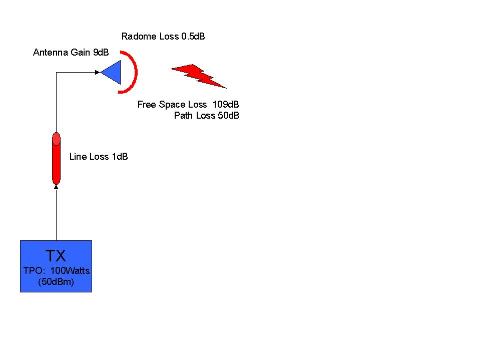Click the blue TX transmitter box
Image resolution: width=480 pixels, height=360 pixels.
coord(56,266)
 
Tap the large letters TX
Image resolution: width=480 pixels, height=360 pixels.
coord(56,255)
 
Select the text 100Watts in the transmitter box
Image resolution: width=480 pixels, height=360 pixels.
coord(70,270)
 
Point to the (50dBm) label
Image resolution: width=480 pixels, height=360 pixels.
coord(56,281)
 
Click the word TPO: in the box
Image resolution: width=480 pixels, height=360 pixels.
coord(34,270)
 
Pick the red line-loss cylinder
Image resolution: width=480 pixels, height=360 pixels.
coord(57,158)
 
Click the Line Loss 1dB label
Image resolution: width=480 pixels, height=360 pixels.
coord(99,156)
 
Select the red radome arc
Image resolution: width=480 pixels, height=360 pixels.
coord(136,72)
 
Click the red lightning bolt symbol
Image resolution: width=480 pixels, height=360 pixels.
coord(199,76)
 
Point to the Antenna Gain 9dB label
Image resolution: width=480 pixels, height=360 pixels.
coord(71,53)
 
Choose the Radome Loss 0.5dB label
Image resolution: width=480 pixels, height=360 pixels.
coord(163,37)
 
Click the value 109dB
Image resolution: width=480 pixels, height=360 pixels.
coord(226,104)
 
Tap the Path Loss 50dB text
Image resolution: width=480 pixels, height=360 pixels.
coord(207,115)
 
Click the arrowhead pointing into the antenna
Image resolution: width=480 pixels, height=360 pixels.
coord(98,72)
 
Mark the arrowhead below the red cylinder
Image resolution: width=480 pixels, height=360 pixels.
coord(57,187)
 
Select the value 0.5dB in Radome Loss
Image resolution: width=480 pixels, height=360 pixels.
coord(193,37)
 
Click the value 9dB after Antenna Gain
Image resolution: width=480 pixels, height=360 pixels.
coord(101,53)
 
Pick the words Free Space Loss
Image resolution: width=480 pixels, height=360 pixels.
coord(172,104)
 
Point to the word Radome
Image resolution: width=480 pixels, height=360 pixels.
coord(139,37)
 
